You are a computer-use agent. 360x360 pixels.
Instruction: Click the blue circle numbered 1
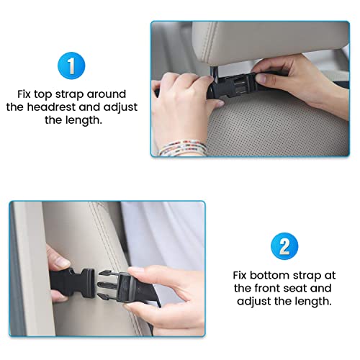point(71,66)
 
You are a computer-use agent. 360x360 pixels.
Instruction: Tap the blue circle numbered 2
point(284,246)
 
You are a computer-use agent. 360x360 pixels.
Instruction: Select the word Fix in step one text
point(24,94)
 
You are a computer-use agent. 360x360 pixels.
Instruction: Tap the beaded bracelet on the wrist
point(182,147)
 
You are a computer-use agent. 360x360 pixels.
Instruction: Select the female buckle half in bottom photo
point(73,283)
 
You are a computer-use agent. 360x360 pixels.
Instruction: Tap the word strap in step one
point(70,94)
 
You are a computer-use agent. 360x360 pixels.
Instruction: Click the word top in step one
point(42,94)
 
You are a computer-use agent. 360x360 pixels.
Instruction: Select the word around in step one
point(107,94)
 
